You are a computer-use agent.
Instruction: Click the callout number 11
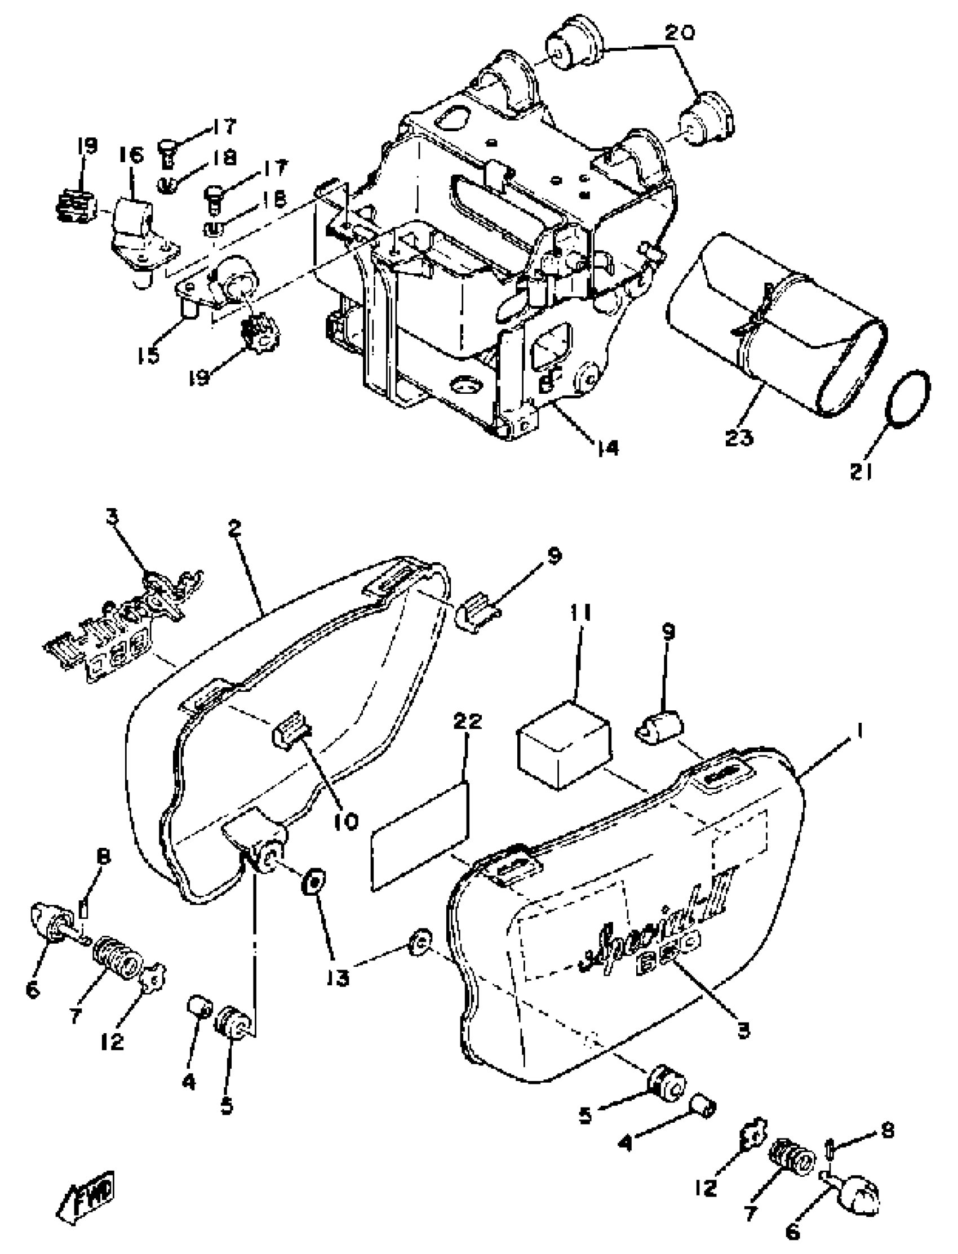[579, 613]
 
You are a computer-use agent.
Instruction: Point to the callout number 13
[338, 979]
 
